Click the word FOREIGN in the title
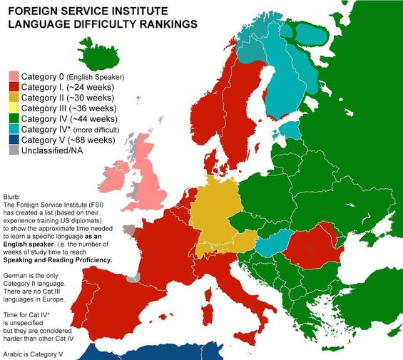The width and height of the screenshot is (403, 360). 32,10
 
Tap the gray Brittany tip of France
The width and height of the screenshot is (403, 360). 128,230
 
